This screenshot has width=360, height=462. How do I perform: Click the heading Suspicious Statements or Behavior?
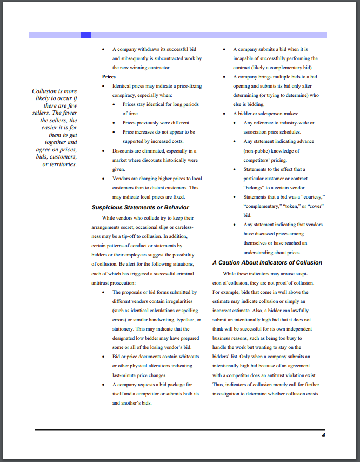point(140,207)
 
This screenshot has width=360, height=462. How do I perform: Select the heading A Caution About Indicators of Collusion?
point(267,262)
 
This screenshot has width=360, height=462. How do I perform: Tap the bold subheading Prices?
point(109,77)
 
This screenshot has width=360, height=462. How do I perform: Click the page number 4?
point(323,435)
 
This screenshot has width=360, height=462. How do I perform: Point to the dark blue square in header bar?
point(85,35)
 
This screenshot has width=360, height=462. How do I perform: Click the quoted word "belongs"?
point(256,188)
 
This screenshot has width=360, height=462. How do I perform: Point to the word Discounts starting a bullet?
point(124,151)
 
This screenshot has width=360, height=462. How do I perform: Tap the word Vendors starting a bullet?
point(122,179)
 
